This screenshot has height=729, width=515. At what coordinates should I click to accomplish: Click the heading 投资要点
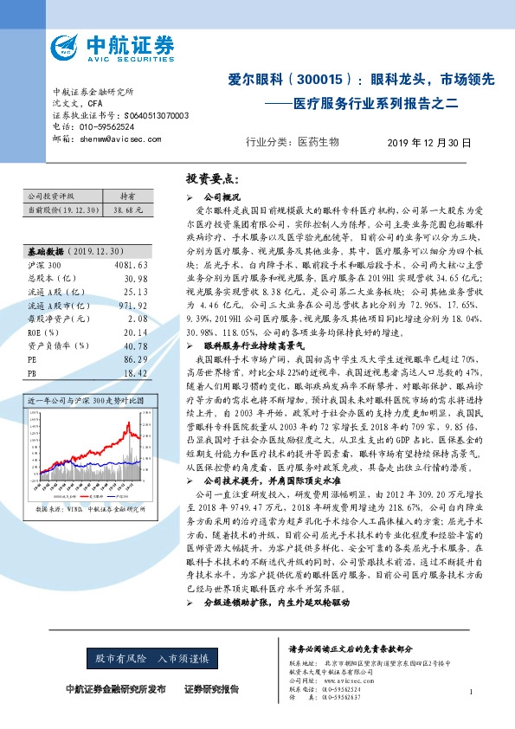click(212, 179)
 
